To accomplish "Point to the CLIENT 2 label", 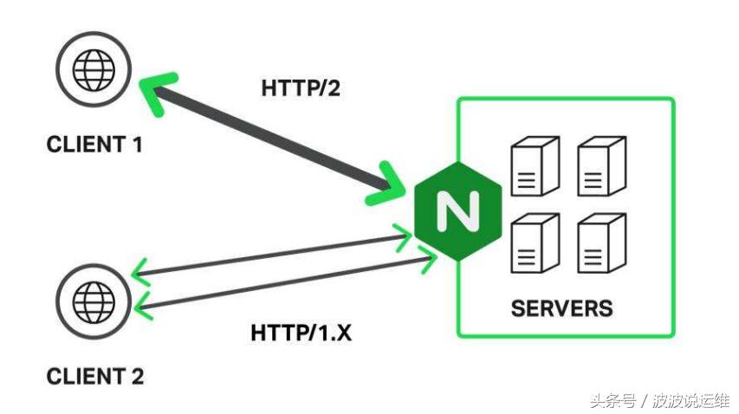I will [94, 377].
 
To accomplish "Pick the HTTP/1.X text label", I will [301, 332].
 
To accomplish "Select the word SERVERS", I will [561, 308].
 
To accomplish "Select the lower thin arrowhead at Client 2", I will [141, 305].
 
